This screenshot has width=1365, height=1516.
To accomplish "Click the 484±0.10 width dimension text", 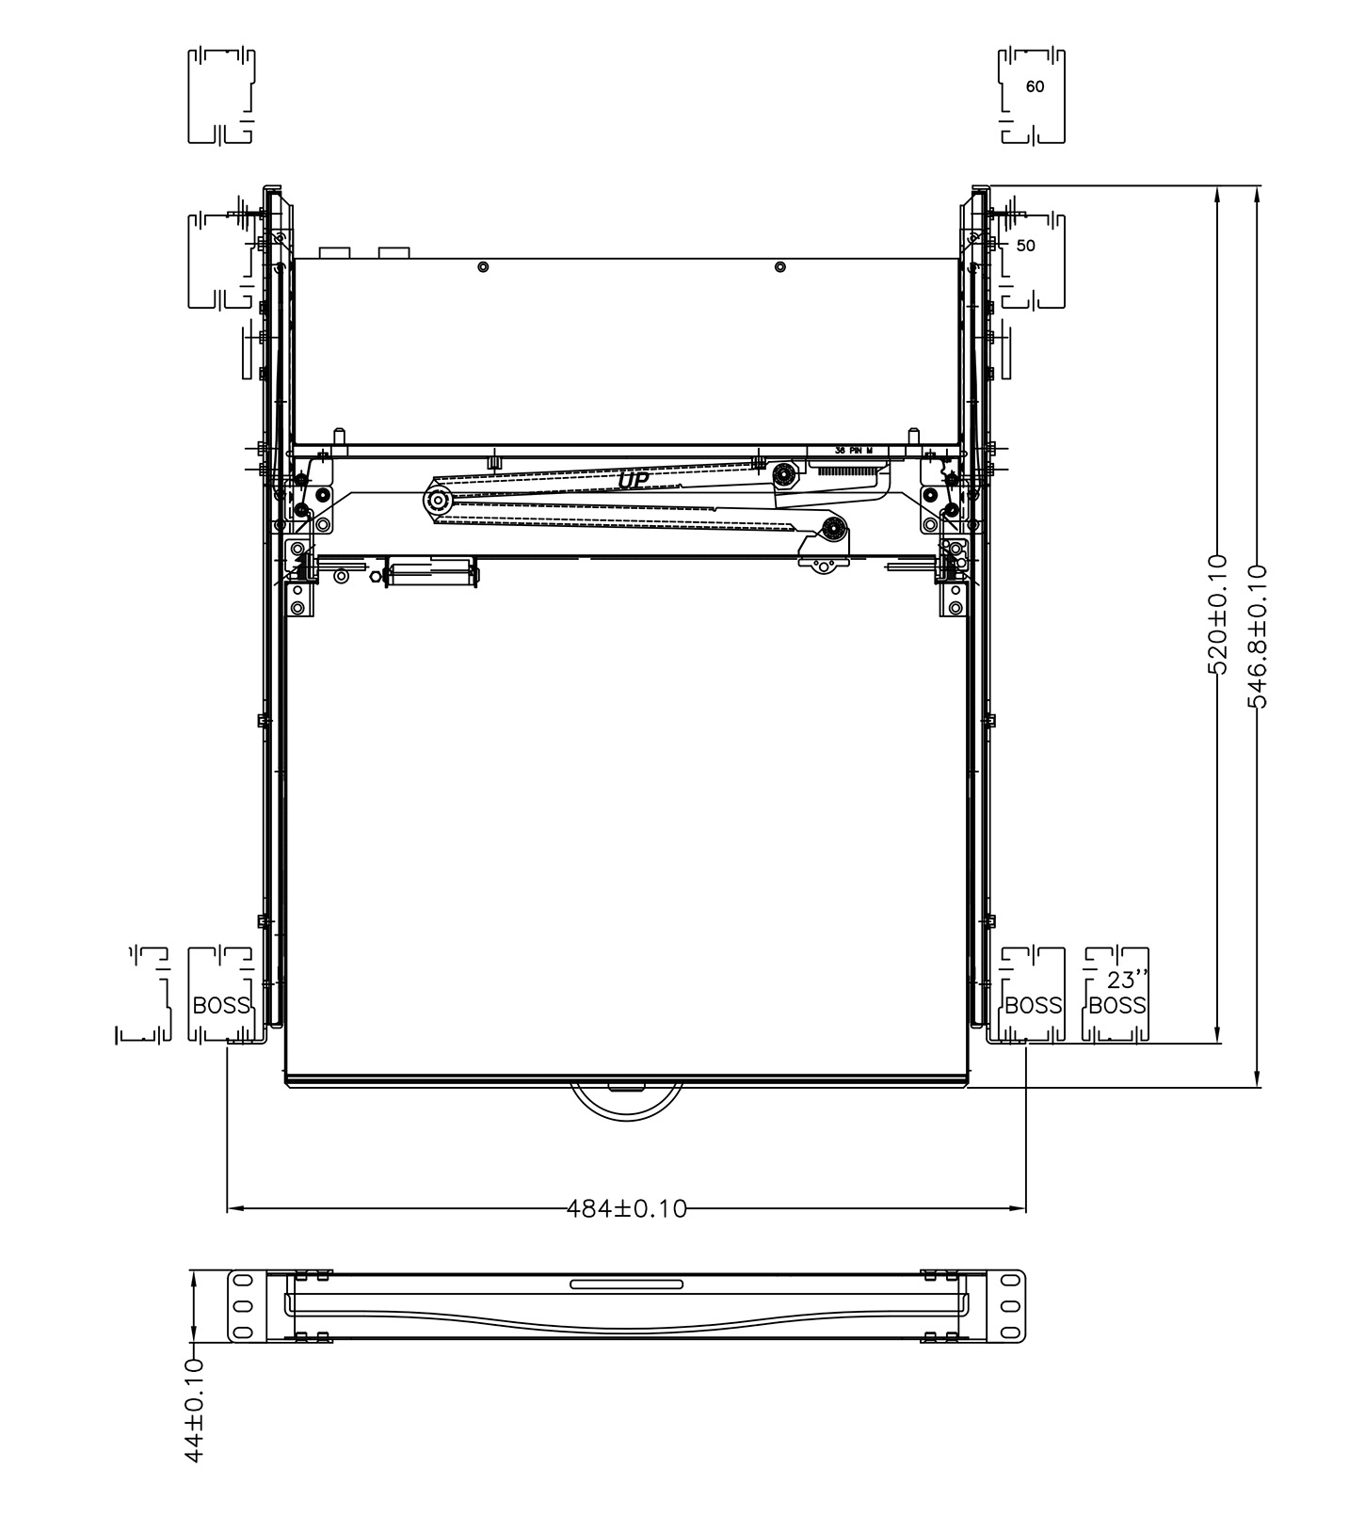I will [x=627, y=1207].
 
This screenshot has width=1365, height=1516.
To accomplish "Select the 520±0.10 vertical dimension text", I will [x=1217, y=614].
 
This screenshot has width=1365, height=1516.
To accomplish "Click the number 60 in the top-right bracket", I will [x=1035, y=87].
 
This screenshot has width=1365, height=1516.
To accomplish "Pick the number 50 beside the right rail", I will [x=1026, y=246].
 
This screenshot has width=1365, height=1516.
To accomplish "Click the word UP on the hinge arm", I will [x=633, y=480].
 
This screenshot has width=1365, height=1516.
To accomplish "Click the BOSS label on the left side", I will [x=221, y=1005].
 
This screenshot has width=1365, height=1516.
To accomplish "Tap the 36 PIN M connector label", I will [x=860, y=451].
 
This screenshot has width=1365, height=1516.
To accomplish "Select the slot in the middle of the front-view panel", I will [x=627, y=1284].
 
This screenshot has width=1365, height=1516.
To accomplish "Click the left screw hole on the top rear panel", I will [x=482, y=267].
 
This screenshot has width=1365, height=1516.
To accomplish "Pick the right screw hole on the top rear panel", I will [x=779, y=267].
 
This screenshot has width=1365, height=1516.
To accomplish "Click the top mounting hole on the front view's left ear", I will [x=241, y=1282].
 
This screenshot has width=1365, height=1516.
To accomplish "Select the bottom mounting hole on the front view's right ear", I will [x=1012, y=1332].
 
